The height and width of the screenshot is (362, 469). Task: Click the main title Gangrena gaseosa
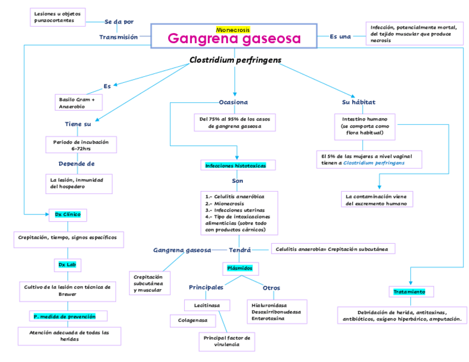(x=234, y=39)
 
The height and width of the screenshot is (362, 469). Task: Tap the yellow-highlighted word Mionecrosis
(x=233, y=29)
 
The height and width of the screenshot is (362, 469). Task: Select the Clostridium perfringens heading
(x=235, y=60)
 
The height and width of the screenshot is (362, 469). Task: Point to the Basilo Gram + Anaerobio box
(x=77, y=103)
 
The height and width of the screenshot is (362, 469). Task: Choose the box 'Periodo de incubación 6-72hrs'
(x=81, y=145)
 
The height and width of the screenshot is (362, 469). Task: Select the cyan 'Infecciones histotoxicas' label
(x=236, y=165)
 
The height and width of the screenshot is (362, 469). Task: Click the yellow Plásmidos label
(x=239, y=268)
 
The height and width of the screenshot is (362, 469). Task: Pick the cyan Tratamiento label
(x=410, y=291)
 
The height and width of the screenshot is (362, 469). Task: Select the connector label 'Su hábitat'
(x=359, y=102)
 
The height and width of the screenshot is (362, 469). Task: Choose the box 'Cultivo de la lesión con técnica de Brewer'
(x=67, y=290)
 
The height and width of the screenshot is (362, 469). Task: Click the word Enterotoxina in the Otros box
(x=268, y=318)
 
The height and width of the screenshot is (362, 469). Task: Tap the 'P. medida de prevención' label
(x=65, y=317)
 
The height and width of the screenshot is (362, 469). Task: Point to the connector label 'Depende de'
(x=77, y=164)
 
